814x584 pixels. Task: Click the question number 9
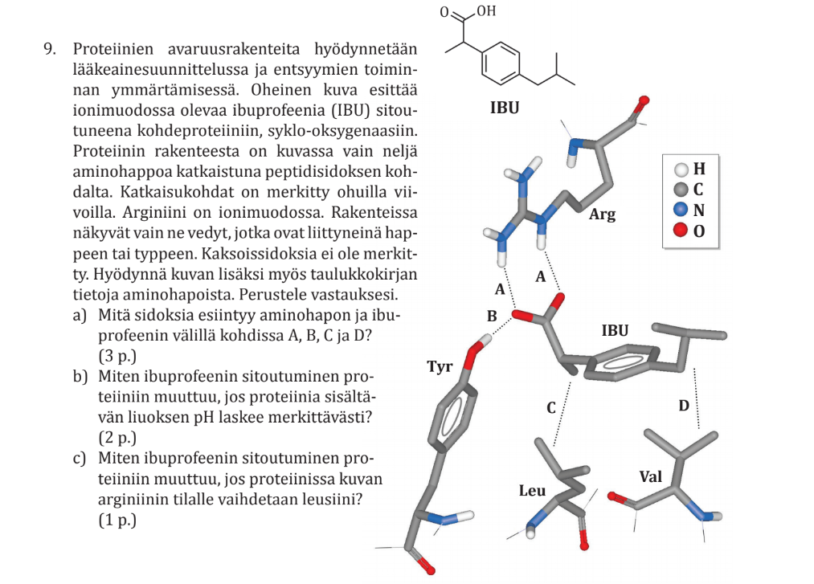49,49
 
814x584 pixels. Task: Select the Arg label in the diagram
602,214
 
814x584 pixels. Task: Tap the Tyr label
440,367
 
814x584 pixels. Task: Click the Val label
650,476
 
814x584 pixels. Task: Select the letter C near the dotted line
551,408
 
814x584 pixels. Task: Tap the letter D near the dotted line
683,406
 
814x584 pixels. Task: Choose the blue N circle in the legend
681,211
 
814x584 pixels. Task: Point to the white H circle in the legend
681,169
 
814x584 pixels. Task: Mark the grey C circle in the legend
681,190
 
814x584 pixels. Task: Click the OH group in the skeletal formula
486,11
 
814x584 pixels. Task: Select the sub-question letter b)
80,375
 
